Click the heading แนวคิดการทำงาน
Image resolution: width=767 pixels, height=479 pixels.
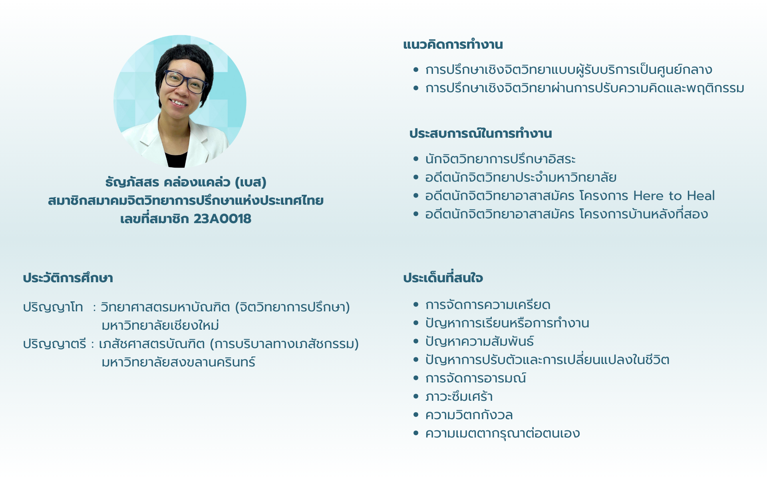coord(453,44)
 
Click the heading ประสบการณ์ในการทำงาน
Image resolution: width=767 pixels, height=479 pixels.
coord(481,133)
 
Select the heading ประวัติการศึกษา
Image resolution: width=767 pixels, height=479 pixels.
coord(68,278)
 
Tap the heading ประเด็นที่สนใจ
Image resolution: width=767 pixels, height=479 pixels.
coord(443,278)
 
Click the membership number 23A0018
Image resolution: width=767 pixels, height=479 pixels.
coord(223,219)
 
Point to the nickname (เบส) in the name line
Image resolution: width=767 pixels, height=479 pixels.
coord(250,182)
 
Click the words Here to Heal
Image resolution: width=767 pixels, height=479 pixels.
coord(674,196)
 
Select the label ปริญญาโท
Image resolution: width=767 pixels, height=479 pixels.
coord(53,307)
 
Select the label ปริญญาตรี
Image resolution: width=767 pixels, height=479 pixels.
coord(54,344)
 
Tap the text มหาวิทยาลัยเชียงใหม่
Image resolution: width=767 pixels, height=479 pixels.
coord(160,325)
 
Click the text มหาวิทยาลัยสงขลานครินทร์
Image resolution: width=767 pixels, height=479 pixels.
coord(178,362)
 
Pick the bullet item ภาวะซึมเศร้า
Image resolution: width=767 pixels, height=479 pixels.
coord(459,397)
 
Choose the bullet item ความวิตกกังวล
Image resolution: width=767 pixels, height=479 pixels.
coord(469,415)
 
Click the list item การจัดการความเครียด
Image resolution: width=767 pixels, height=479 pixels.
coord(488,305)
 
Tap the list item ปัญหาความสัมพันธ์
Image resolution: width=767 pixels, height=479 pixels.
coord(479,341)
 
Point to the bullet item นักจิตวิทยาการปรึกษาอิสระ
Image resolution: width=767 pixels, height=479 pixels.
coord(500,159)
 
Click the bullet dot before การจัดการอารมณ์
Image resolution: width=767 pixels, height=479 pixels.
coord(416,378)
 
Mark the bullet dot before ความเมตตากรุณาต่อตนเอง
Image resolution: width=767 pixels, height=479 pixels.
coord(416,433)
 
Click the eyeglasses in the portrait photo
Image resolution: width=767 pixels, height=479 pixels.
coord(185,81)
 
